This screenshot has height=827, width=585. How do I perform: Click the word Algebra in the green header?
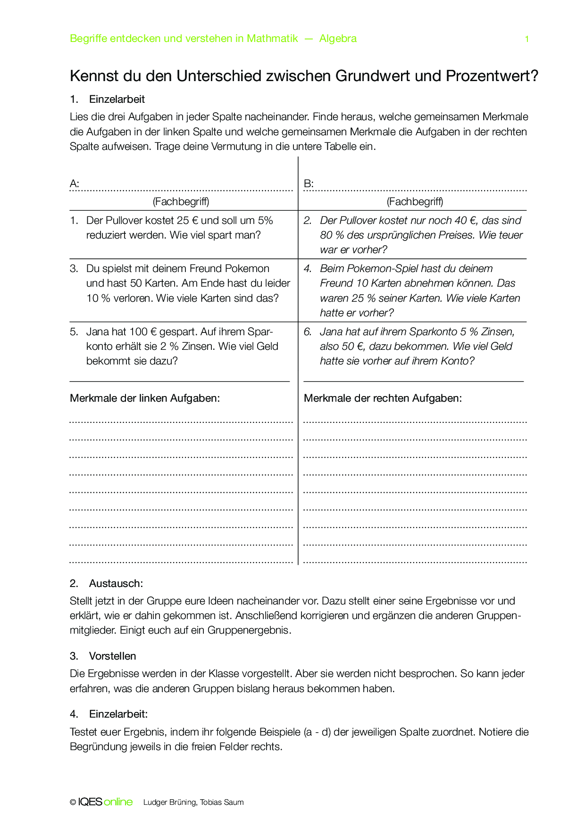(x=338, y=39)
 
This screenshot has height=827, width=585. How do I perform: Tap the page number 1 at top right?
(x=526, y=39)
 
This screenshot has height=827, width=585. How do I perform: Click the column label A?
(x=75, y=183)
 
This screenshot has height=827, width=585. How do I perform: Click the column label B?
(x=309, y=183)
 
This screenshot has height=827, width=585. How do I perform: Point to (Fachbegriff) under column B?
(x=415, y=202)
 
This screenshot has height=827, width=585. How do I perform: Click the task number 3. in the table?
(x=74, y=269)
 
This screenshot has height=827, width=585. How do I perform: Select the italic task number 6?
(x=308, y=332)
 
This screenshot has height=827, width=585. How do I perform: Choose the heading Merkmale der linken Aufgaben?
(x=145, y=398)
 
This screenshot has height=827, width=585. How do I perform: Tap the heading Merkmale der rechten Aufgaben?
(x=383, y=398)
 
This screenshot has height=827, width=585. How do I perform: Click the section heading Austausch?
(x=116, y=584)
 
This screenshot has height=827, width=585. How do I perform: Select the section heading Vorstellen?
(x=112, y=656)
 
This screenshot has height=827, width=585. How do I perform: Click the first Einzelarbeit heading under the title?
(x=117, y=99)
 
